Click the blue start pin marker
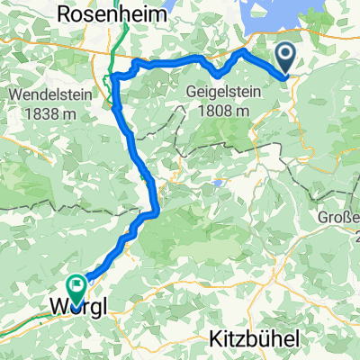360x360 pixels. tap(286, 59)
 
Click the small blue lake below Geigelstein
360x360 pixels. tap(217, 184)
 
